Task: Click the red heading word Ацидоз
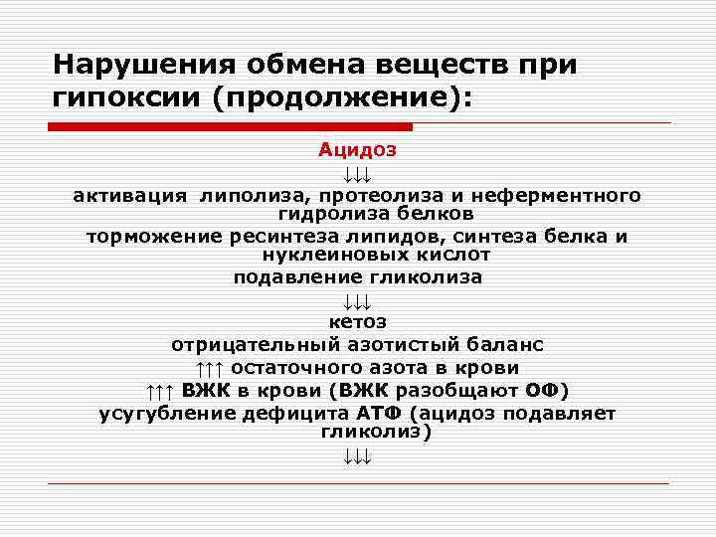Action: coord(357,150)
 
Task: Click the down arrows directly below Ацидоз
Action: coord(357,175)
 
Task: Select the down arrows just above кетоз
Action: coord(357,301)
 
